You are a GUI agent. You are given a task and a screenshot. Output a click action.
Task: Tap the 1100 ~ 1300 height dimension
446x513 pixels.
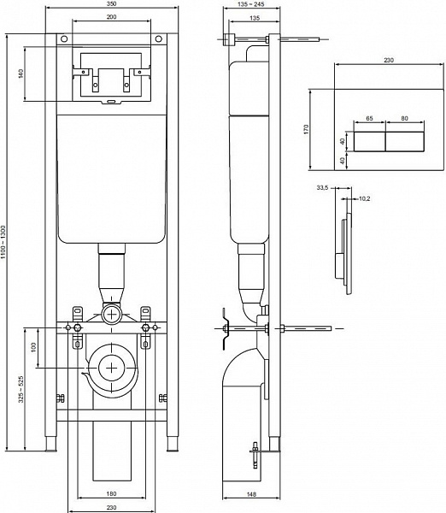click(7, 245)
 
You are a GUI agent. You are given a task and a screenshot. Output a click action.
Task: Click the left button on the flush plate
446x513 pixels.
click(370, 140)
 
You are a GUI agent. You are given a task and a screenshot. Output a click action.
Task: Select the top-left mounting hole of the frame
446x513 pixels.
click(63, 38)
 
